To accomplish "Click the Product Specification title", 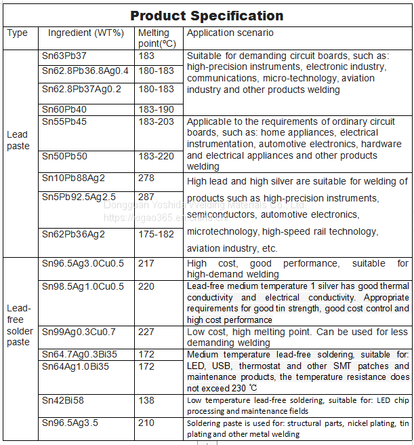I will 207,16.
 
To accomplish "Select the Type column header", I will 17,33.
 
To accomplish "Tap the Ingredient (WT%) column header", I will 86,33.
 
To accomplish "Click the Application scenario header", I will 230,33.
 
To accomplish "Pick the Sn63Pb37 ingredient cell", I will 64,56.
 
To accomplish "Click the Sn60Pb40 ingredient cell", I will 64,109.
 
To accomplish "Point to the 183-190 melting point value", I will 157,109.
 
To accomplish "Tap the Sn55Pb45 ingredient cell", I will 64,121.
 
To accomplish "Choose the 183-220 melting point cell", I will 157,156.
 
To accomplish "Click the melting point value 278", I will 146,178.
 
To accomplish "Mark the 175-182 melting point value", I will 157,233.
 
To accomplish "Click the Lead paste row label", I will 18,140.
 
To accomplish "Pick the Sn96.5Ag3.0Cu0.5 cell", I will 83,263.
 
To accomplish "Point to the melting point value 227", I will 146,332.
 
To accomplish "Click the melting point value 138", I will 146,401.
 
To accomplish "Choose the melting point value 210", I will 146,423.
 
